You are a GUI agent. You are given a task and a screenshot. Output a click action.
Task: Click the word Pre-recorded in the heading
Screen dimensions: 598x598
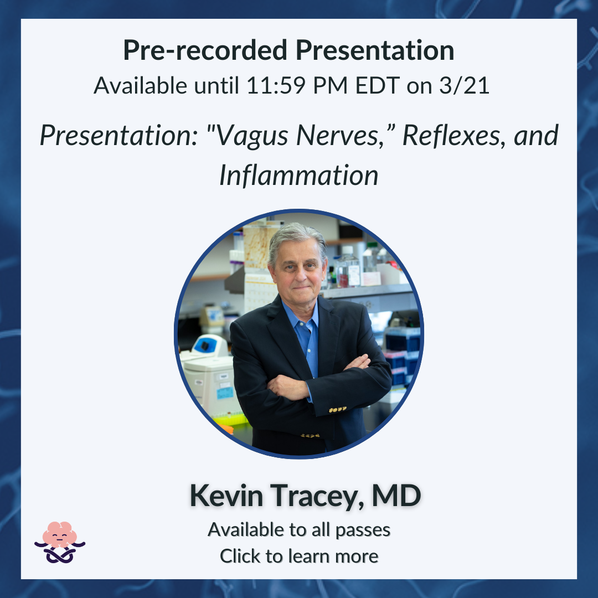[x=205, y=50]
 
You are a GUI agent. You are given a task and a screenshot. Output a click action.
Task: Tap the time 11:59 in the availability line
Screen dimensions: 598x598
[x=276, y=85]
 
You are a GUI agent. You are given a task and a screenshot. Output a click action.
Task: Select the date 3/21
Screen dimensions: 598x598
[x=464, y=85]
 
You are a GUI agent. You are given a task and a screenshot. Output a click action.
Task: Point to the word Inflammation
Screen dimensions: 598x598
[x=298, y=176]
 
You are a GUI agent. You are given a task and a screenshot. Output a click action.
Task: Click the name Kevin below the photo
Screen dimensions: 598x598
[x=226, y=496]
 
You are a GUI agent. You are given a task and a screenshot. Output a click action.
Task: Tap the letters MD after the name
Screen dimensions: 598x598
[x=396, y=496]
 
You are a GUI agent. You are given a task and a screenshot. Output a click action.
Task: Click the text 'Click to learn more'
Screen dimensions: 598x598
[x=299, y=556]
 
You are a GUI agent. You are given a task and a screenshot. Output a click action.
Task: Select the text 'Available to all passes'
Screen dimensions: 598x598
[x=299, y=530]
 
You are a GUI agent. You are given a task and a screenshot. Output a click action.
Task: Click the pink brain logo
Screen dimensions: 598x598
[x=60, y=542]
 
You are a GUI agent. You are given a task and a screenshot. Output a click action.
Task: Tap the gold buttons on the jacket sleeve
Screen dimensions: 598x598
[x=338, y=410]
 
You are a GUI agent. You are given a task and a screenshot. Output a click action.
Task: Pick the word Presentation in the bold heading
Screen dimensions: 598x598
[x=375, y=50]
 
